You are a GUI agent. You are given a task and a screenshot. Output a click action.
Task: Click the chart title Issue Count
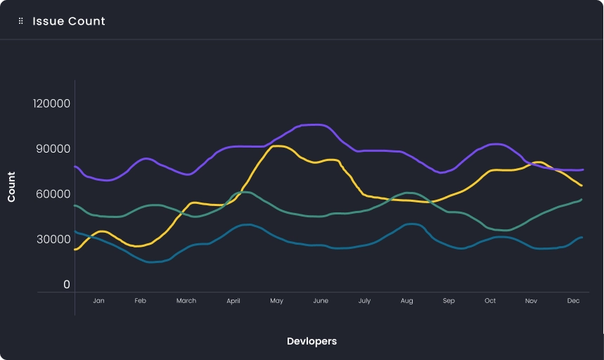(69, 21)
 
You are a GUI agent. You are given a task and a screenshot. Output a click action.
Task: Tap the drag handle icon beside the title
(21, 21)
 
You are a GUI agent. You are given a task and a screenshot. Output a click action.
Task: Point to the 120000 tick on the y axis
(52, 104)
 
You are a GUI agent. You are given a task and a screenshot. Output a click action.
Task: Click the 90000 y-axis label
(52, 149)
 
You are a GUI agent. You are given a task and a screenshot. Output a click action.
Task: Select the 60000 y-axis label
(52, 194)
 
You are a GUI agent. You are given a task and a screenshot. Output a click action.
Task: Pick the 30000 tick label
(52, 240)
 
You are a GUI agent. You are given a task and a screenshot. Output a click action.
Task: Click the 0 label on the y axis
(67, 285)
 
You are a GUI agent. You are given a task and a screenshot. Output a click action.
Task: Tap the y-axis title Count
(11, 187)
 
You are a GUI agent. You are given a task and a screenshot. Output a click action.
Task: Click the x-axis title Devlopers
(311, 341)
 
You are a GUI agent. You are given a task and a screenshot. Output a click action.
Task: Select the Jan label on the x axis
(98, 301)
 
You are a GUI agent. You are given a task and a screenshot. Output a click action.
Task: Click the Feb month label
(140, 301)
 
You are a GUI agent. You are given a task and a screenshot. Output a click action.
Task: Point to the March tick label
(186, 301)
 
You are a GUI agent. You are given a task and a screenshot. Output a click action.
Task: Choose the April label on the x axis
(233, 301)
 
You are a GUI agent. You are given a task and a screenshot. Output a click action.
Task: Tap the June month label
(320, 301)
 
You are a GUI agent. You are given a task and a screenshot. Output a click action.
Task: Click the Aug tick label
(406, 301)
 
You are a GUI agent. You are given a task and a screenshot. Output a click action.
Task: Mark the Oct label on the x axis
(489, 301)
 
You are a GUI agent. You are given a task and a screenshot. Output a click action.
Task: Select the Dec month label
(573, 301)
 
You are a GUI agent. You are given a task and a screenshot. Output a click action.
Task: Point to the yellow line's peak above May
(278, 146)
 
